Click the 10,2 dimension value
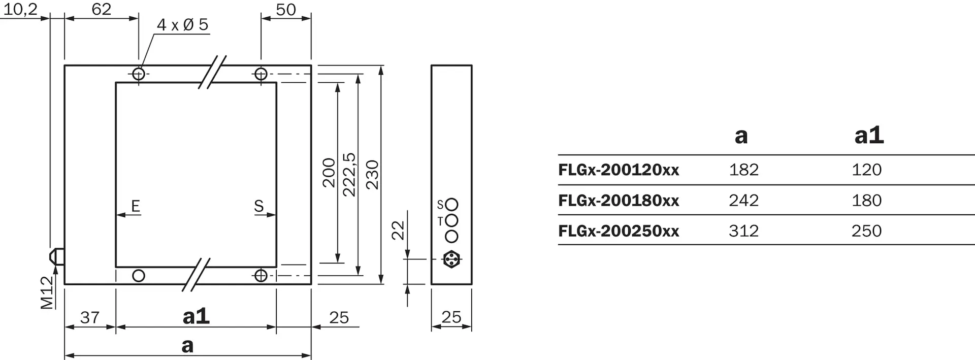click(21, 9)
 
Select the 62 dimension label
click(102, 9)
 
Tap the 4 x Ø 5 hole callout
click(183, 24)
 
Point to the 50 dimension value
click(286, 10)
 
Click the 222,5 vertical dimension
click(349, 174)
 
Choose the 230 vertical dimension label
click(373, 175)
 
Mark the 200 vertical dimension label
click(329, 173)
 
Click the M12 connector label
click(47, 292)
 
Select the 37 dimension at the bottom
click(90, 317)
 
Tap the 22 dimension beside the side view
click(398, 230)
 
